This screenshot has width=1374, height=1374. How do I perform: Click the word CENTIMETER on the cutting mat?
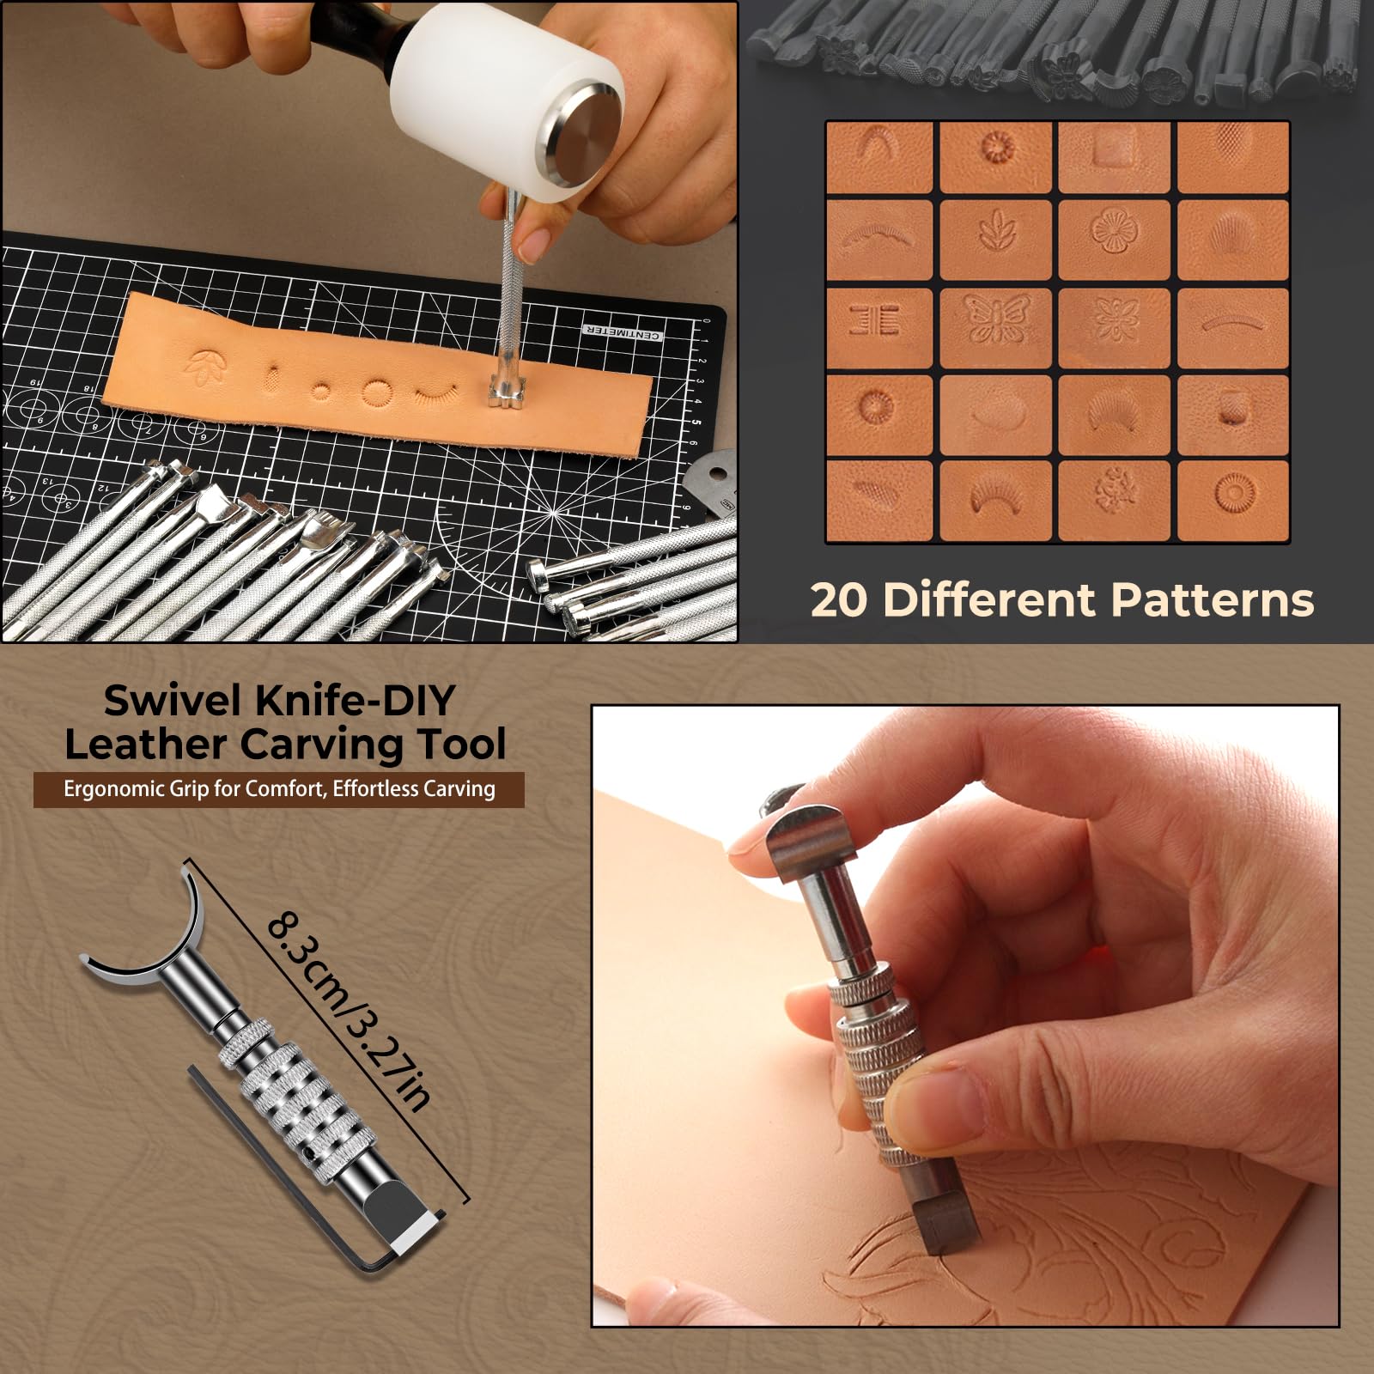coord(623,331)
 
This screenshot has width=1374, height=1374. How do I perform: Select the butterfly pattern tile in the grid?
coord(996,319)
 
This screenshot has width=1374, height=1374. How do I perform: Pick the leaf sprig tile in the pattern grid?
coord(996,232)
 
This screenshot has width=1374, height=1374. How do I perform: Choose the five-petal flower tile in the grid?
coord(1114,232)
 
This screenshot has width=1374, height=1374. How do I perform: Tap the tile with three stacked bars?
coord(878,319)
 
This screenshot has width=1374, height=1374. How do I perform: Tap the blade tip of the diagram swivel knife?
coord(412,1230)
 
